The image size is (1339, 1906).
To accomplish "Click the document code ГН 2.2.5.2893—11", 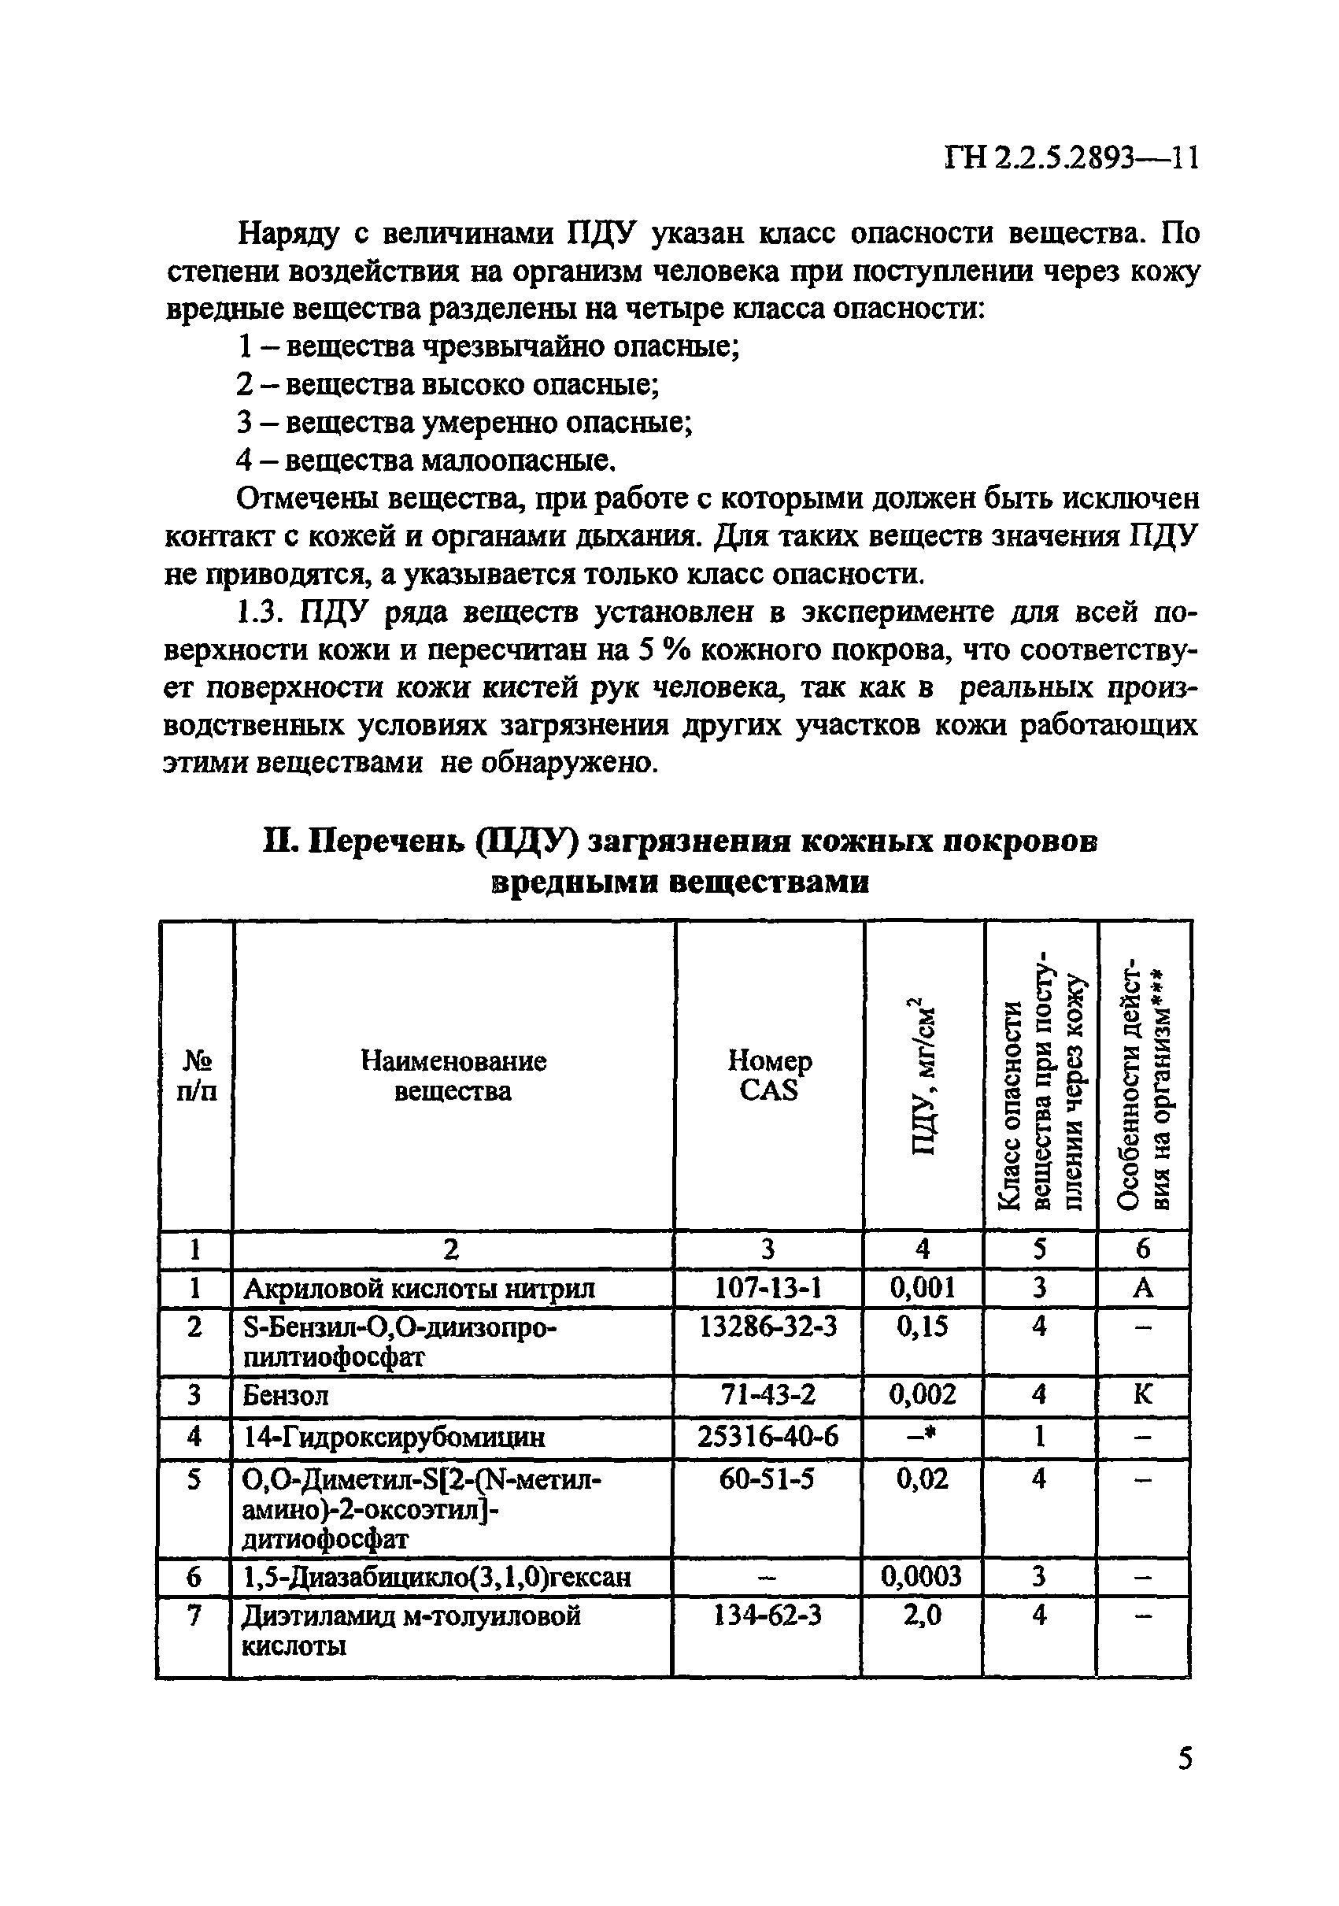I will coord(1071,157).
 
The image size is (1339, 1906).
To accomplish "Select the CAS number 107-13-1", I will coord(768,1287).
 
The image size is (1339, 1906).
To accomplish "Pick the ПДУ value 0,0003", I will coord(922,1575).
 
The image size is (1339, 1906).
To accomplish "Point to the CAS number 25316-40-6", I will coord(768,1436).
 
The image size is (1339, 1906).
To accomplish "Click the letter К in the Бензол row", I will coord(1142,1394).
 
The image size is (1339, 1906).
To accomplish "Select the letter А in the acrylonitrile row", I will coord(1143,1287).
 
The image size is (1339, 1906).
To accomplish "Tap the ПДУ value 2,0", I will coord(922,1615).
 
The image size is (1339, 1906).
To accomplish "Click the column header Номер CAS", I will coord(769,1075).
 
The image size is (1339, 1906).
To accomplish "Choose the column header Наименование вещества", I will coord(453,1075).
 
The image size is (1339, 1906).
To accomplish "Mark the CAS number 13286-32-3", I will coord(768,1327).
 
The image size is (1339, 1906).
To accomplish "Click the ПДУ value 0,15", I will coord(922,1327).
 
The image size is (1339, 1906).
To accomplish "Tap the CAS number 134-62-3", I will coord(768,1615).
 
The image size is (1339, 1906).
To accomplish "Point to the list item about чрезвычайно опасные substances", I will coord(488,346).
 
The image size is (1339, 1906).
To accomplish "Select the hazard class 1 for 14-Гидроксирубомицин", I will coord(1038,1436).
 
